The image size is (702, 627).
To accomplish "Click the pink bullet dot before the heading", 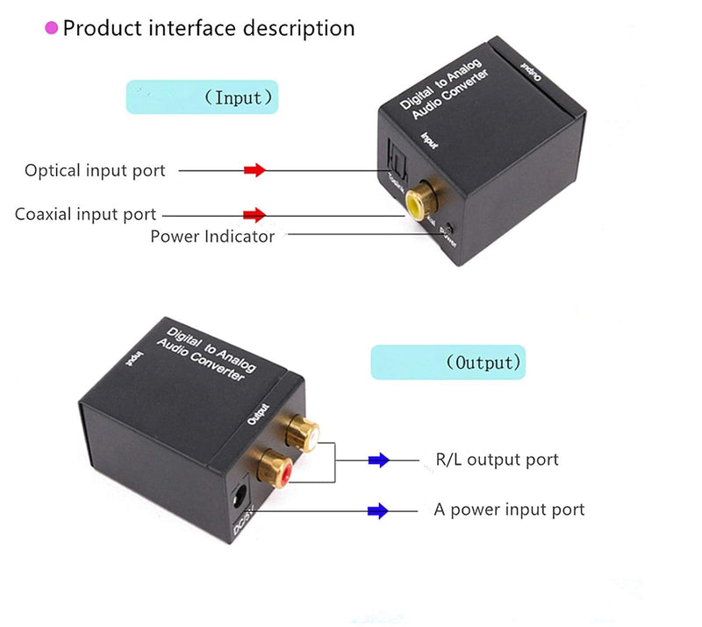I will [52, 28].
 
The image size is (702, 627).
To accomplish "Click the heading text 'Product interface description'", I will [209, 28].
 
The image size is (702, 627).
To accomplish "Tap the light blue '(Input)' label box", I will [202, 96].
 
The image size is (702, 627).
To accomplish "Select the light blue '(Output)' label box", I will [448, 361].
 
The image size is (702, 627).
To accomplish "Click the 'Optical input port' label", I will [95, 170].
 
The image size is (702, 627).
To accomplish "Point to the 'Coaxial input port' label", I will [86, 214].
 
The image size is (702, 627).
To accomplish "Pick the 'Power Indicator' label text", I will [212, 236].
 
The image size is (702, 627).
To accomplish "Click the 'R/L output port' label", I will [497, 460].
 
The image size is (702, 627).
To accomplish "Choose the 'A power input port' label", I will [509, 509].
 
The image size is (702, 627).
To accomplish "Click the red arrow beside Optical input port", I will [254, 170].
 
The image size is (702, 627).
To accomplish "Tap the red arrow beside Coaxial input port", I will [254, 214].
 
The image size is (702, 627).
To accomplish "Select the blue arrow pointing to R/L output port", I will [378, 460].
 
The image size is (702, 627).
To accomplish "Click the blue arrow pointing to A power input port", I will [378, 510].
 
